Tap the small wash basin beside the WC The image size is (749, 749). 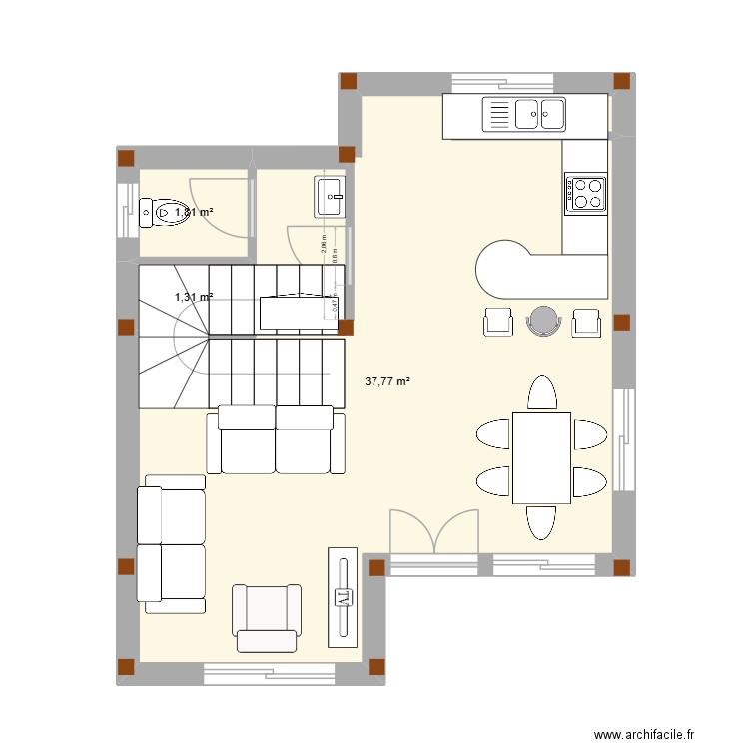click(x=330, y=196)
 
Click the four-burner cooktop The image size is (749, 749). click(x=586, y=193)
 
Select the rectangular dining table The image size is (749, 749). click(x=541, y=457)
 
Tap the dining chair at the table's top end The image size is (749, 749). click(x=541, y=393)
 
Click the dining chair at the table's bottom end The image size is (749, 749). click(x=541, y=521)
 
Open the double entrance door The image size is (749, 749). click(x=434, y=531)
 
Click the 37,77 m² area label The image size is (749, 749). click(x=388, y=381)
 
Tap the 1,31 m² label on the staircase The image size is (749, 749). click(x=194, y=297)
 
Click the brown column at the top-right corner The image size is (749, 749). click(x=621, y=81)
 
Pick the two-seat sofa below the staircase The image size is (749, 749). click(x=275, y=439)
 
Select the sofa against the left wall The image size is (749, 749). click(x=171, y=543)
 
